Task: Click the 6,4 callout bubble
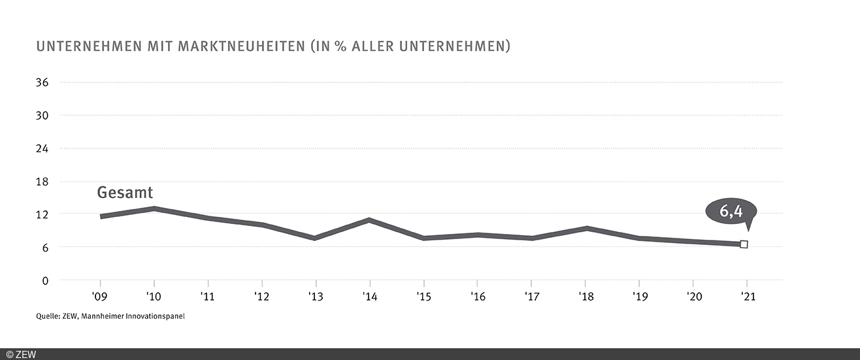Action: [731, 211]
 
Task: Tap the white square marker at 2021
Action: [744, 244]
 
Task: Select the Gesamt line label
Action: [125, 193]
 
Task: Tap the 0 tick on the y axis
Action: [45, 280]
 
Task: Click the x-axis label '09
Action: [100, 297]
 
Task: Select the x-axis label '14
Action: [370, 297]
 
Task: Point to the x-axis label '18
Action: [586, 297]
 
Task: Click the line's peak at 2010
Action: [154, 208]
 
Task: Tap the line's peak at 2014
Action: [370, 220]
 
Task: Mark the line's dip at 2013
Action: [316, 238]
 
